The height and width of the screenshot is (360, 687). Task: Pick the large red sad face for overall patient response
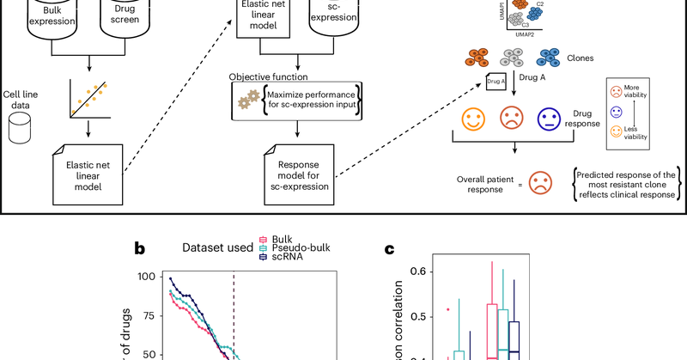[x=539, y=182]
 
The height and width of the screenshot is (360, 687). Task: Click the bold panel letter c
[x=389, y=250]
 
